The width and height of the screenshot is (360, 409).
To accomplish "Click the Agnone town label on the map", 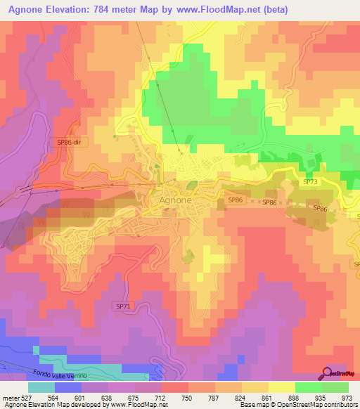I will click(172, 200).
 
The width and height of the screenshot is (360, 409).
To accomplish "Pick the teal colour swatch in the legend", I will click(41, 387).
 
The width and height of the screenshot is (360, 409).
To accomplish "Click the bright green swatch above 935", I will click(308, 387).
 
